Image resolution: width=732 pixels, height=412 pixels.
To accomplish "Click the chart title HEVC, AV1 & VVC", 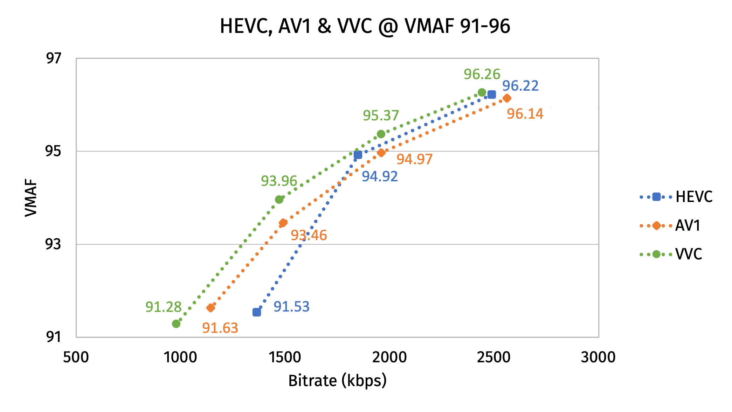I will click(365, 26).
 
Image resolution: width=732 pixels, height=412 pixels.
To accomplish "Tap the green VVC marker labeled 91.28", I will click(176, 324).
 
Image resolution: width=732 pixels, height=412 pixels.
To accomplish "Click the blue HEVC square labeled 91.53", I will click(256, 312).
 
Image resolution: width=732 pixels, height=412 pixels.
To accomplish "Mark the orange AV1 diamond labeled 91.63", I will click(210, 308).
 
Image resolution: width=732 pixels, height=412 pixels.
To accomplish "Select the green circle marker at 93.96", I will click(279, 200).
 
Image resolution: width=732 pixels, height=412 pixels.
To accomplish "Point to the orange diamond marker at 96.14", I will click(507, 98).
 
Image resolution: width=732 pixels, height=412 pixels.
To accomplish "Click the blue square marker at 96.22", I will click(492, 95).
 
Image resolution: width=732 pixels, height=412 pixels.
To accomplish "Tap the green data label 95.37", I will click(381, 116).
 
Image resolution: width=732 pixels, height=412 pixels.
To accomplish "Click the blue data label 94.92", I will click(380, 176).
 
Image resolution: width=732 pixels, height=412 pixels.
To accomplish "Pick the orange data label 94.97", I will click(414, 159).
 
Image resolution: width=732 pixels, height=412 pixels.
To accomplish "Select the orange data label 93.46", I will click(309, 235).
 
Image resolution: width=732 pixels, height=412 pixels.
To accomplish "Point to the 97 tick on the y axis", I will click(54, 58).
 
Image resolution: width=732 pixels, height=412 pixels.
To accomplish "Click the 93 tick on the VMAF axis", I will click(54, 244).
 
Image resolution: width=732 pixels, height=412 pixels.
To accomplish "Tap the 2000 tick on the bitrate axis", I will click(389, 357).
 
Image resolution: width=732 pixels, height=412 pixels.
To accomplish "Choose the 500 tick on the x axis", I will click(76, 357).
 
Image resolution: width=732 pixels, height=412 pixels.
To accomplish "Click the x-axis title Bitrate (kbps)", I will click(337, 381).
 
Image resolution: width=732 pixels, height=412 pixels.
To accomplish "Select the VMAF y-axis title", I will click(31, 198).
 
